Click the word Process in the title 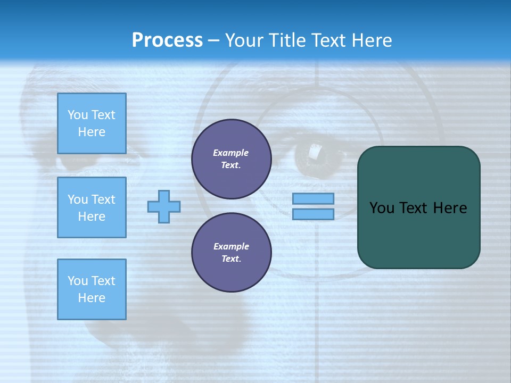pos(167,40)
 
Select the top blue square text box pos(92,123)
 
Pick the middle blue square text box pos(92,207)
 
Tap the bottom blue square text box pos(92,289)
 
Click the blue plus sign pos(164,206)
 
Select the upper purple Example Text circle pos(231,159)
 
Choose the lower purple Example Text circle pos(231,253)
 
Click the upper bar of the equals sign pos(313,198)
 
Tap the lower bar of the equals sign pos(313,214)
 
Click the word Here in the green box pos(450,208)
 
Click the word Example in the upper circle pos(231,153)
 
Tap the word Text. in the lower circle pos(231,259)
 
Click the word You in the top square pos(78,115)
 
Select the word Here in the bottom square pos(92,298)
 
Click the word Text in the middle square pos(103,199)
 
